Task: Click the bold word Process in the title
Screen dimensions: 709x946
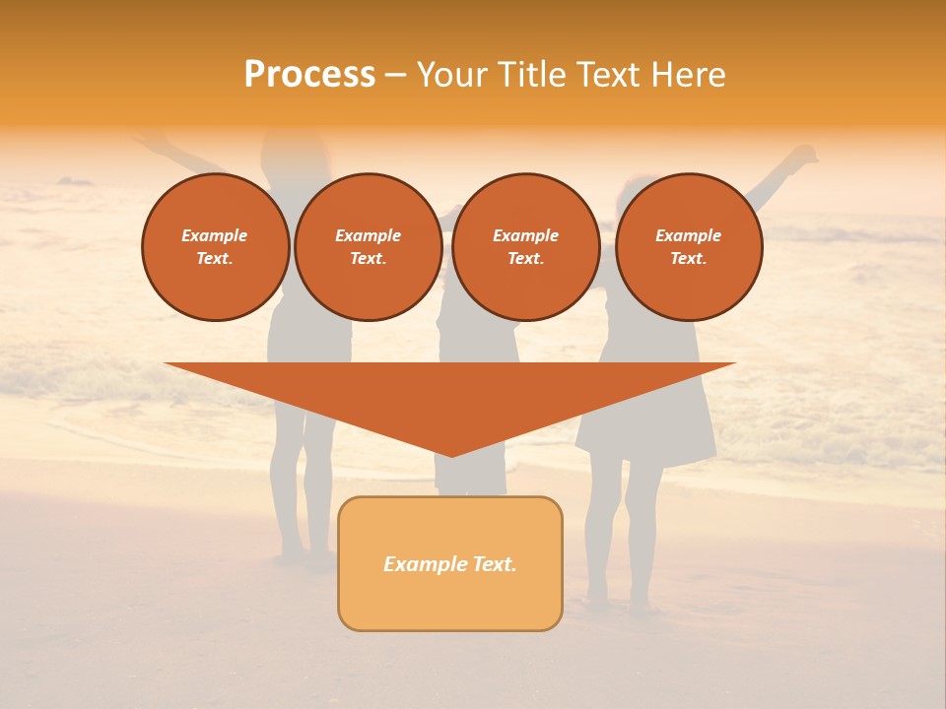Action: (309, 75)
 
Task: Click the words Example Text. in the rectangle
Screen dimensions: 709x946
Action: (450, 564)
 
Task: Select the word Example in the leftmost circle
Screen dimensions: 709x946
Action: (215, 235)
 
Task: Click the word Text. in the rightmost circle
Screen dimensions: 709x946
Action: (689, 258)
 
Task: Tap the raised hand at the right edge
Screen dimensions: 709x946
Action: (804, 155)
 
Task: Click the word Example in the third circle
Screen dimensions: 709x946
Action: (526, 235)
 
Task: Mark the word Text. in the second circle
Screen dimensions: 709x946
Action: (369, 258)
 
